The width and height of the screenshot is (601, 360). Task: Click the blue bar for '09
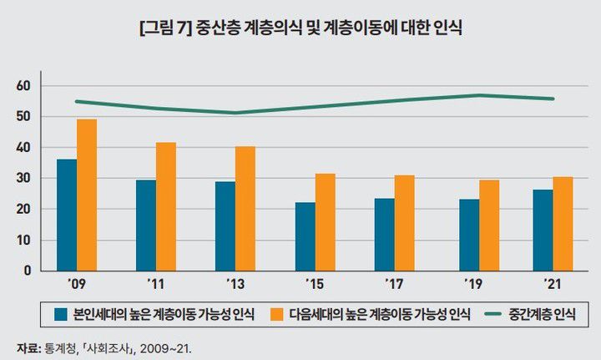67,215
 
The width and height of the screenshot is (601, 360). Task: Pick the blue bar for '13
225,226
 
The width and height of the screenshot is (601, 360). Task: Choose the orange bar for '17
405,223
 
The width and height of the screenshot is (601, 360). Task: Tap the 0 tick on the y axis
27,271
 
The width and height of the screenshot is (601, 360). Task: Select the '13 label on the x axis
235,284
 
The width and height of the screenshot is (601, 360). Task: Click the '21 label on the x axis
553,284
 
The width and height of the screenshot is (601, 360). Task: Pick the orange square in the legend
281,315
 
